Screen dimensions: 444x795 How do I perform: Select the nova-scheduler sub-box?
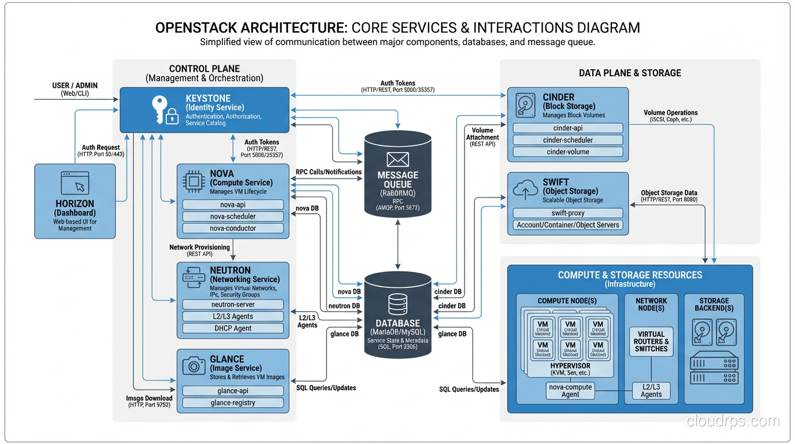[x=233, y=216]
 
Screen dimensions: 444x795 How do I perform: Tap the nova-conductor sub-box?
[x=233, y=228]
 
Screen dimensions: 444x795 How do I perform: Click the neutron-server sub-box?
[x=233, y=304]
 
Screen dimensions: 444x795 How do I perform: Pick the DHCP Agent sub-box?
[x=233, y=328]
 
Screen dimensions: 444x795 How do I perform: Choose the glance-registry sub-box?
[x=233, y=402]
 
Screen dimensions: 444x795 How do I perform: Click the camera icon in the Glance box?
[x=194, y=365]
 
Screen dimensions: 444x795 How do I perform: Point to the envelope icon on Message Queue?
[x=397, y=159]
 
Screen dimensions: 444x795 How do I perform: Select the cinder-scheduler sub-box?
[x=568, y=140]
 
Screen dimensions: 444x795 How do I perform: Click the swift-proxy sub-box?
[x=568, y=213]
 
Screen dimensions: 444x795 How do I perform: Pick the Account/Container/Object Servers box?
[x=568, y=225]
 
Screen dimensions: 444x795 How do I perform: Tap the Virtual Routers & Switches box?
[x=651, y=342]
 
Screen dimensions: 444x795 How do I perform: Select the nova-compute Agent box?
[x=570, y=391]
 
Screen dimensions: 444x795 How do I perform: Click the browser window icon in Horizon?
[x=75, y=183]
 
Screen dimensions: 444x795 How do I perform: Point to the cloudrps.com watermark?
[x=733, y=421]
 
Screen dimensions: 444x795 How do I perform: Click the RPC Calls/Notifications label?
[x=328, y=172]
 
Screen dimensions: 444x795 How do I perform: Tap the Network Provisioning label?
[x=199, y=247]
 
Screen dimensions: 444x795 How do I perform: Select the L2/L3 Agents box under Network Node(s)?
[x=651, y=391]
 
